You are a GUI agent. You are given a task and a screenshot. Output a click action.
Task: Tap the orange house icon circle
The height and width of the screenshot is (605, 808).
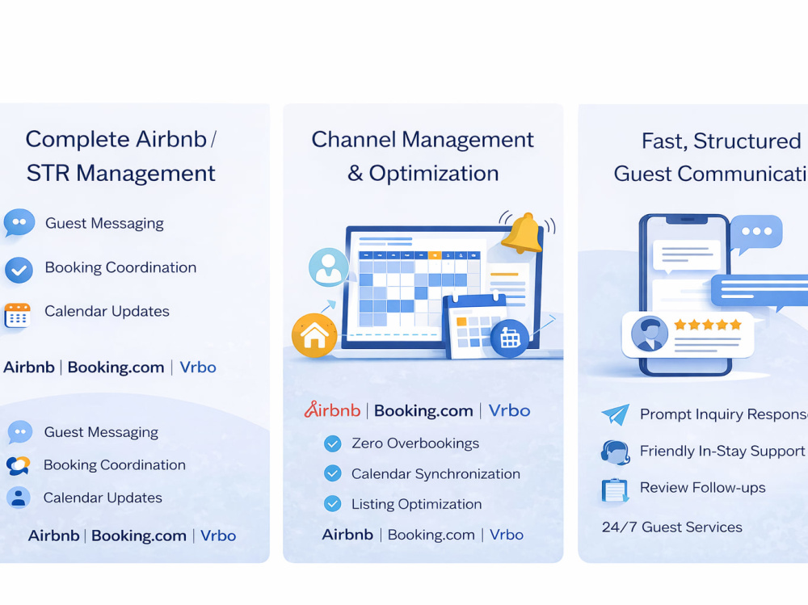coord(314,335)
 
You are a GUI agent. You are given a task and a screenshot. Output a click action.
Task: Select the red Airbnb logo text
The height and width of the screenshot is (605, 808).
coord(332,410)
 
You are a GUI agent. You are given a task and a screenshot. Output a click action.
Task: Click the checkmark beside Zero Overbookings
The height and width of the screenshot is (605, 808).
coord(332,443)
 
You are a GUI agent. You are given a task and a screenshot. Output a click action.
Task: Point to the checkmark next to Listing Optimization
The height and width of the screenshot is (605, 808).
coord(332,504)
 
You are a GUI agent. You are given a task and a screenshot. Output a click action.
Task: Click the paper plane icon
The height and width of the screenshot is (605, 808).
coord(615,414)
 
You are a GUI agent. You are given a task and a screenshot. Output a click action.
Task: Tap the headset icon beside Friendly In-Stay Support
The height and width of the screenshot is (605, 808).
coord(615,452)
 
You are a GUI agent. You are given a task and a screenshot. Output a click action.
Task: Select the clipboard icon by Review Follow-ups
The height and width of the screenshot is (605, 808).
coord(615,489)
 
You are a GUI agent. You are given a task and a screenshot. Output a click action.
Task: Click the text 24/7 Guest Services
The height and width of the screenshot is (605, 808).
coord(672,527)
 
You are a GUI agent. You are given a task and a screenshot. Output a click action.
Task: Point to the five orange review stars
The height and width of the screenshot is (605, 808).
coord(708,324)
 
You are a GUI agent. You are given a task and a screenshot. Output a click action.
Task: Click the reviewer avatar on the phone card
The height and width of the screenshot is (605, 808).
coord(650,334)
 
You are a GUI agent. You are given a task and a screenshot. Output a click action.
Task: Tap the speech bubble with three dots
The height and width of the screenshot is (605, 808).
coord(756,232)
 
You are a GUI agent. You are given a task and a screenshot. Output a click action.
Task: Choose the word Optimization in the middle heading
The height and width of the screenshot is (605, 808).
coord(434,174)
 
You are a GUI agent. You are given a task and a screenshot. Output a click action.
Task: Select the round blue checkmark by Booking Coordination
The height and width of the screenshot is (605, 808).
coord(19,270)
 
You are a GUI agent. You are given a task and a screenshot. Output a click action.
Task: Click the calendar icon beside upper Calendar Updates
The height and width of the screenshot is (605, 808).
coord(18,315)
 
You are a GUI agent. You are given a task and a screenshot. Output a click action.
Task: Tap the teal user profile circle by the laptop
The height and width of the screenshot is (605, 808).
coord(328,267)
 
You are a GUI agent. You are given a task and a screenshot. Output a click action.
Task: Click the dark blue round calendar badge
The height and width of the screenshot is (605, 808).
coord(510,338)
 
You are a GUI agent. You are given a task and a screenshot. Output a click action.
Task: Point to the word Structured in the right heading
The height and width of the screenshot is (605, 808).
coord(747,141)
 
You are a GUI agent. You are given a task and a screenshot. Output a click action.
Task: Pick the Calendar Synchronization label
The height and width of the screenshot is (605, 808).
coord(436,474)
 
